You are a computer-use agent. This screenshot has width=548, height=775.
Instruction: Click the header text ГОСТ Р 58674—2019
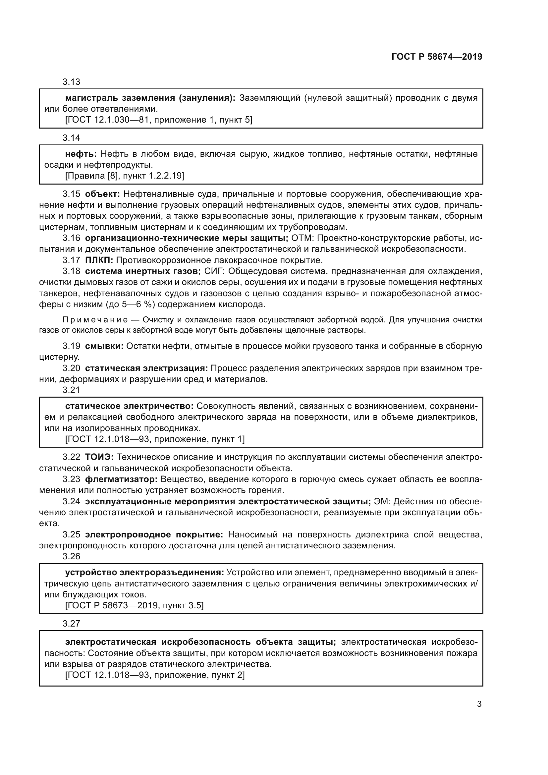(x=437, y=57)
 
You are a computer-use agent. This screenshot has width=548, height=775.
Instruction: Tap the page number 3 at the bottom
(x=479, y=704)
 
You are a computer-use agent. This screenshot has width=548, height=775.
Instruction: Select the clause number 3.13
(x=71, y=82)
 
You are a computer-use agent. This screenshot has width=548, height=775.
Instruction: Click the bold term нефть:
(x=81, y=154)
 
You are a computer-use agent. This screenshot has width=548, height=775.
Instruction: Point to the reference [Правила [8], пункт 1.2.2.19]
(x=125, y=176)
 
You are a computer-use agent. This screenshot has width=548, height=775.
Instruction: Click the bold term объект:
(x=103, y=194)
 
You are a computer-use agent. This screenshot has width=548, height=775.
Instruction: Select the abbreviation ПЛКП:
(x=99, y=260)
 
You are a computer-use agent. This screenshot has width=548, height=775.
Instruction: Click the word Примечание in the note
(x=95, y=320)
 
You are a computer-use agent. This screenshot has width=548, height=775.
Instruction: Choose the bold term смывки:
(x=104, y=346)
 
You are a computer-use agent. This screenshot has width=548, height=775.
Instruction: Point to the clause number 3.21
(x=71, y=390)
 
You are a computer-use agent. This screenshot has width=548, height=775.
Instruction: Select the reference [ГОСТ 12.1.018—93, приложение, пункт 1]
(x=155, y=439)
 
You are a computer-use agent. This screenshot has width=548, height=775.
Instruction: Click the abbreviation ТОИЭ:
(x=99, y=457)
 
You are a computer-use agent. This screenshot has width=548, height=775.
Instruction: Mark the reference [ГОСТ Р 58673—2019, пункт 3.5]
(x=134, y=606)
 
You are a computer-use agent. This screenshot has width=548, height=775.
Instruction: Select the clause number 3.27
(x=71, y=624)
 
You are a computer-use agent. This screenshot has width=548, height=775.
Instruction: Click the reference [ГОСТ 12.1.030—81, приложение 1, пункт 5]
(x=159, y=120)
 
